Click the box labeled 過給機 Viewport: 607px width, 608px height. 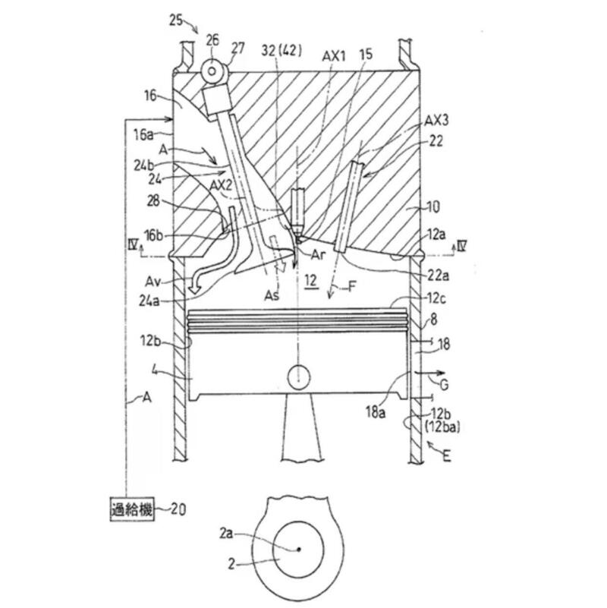pyautogui.click(x=130, y=509)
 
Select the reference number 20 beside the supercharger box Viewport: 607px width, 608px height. pyautogui.click(x=176, y=509)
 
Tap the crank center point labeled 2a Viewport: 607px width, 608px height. pyautogui.click(x=298, y=549)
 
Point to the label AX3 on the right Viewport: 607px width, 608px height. pyautogui.click(x=437, y=121)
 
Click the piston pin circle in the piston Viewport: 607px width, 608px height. pyautogui.click(x=299, y=376)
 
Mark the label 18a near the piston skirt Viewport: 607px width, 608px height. pyautogui.click(x=377, y=408)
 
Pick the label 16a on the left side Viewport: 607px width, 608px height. pyautogui.click(x=143, y=134)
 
